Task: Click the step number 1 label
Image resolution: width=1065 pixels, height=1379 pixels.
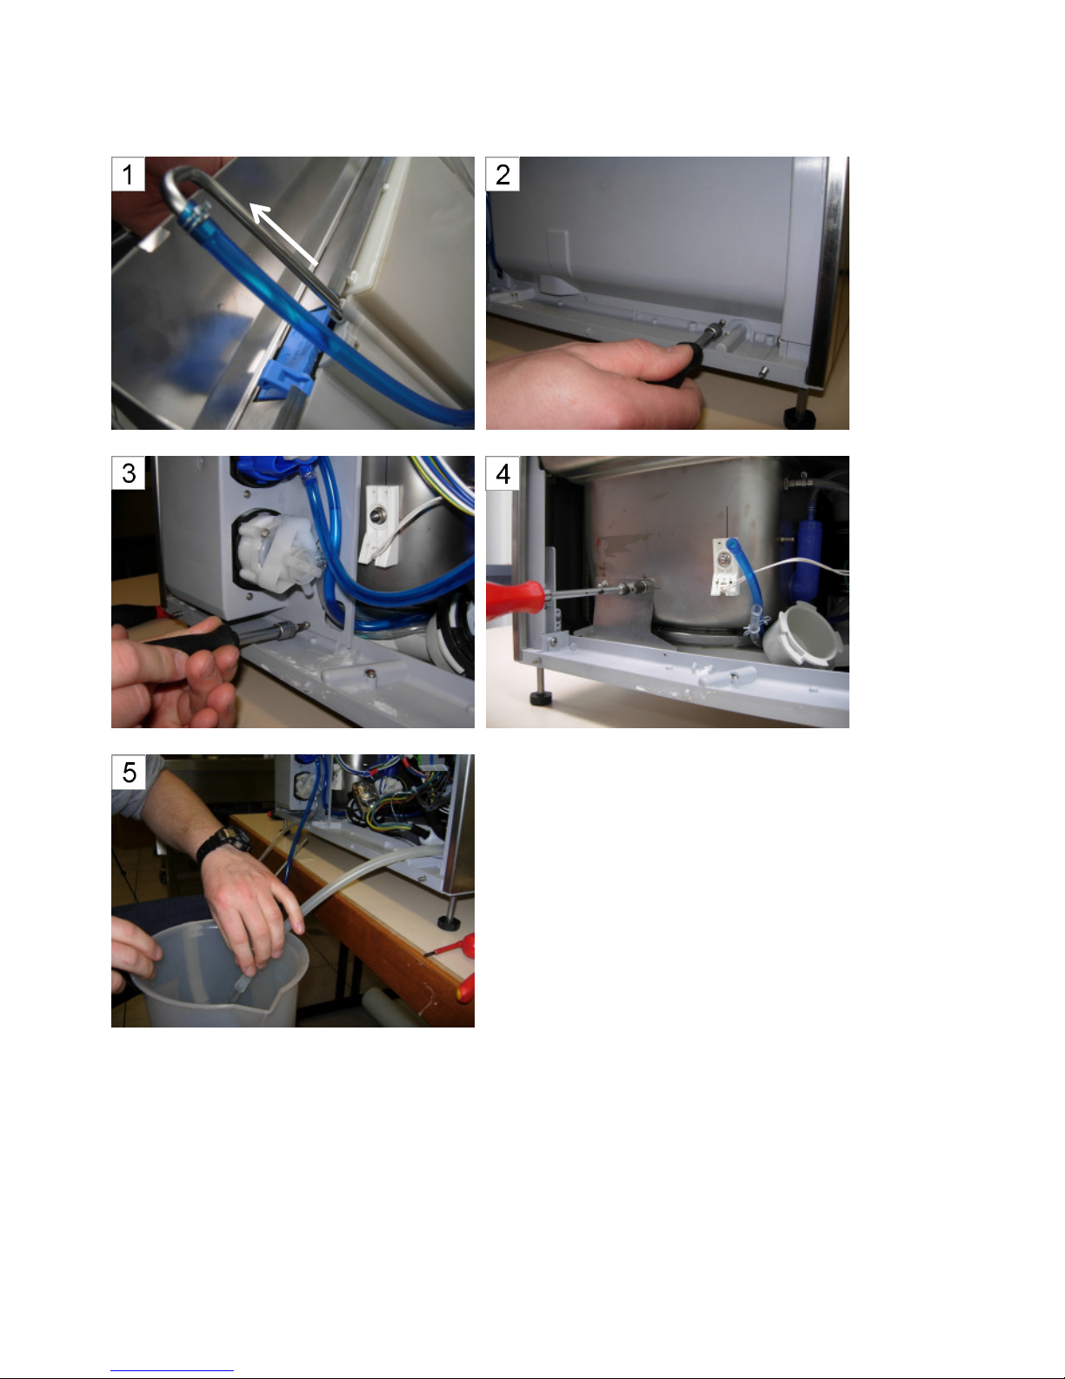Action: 128,174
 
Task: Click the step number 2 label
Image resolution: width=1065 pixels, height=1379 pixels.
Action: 503,174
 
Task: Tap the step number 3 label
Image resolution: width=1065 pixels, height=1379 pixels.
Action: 128,472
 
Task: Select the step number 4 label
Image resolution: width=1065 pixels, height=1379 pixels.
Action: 503,472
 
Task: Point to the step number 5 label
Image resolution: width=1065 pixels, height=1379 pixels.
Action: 128,772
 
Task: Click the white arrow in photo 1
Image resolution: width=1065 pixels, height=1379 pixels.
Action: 284,233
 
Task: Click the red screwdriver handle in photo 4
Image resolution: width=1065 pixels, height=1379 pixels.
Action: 515,599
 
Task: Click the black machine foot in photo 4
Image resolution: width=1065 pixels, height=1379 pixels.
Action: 540,699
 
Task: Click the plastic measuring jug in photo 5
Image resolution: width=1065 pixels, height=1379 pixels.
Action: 220,974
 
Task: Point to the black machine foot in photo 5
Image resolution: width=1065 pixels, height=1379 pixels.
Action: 449,922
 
